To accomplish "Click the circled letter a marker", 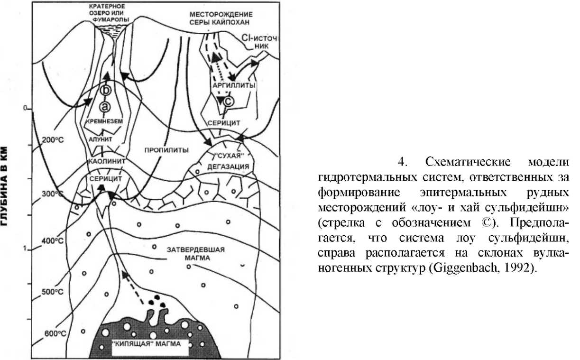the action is point(106,107).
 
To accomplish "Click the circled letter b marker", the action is point(106,90).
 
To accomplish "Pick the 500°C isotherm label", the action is point(51,292).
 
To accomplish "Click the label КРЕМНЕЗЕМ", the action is point(103,121).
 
